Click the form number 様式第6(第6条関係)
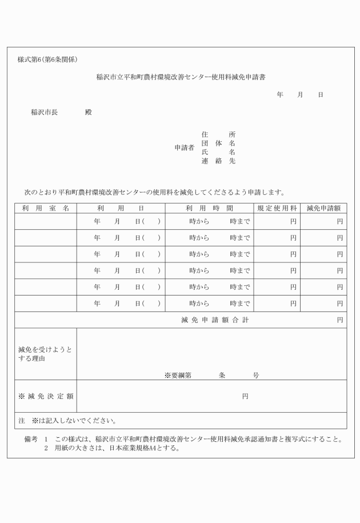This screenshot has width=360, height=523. (47, 59)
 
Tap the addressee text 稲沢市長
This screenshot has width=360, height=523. (45, 112)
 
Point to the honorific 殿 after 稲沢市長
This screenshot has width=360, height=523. (88, 112)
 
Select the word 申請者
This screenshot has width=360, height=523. (184, 147)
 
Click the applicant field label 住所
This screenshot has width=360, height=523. (218, 134)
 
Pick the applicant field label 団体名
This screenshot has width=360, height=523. (218, 143)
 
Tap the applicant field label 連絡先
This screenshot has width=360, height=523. (218, 161)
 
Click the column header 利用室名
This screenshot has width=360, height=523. (46, 208)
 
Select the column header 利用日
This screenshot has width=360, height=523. (120, 208)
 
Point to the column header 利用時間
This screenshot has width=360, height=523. (209, 208)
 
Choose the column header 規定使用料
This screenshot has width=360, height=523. (277, 208)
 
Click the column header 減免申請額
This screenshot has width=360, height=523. (323, 208)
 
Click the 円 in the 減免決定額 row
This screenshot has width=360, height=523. (245, 396)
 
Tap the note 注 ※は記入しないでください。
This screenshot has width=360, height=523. (67, 421)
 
